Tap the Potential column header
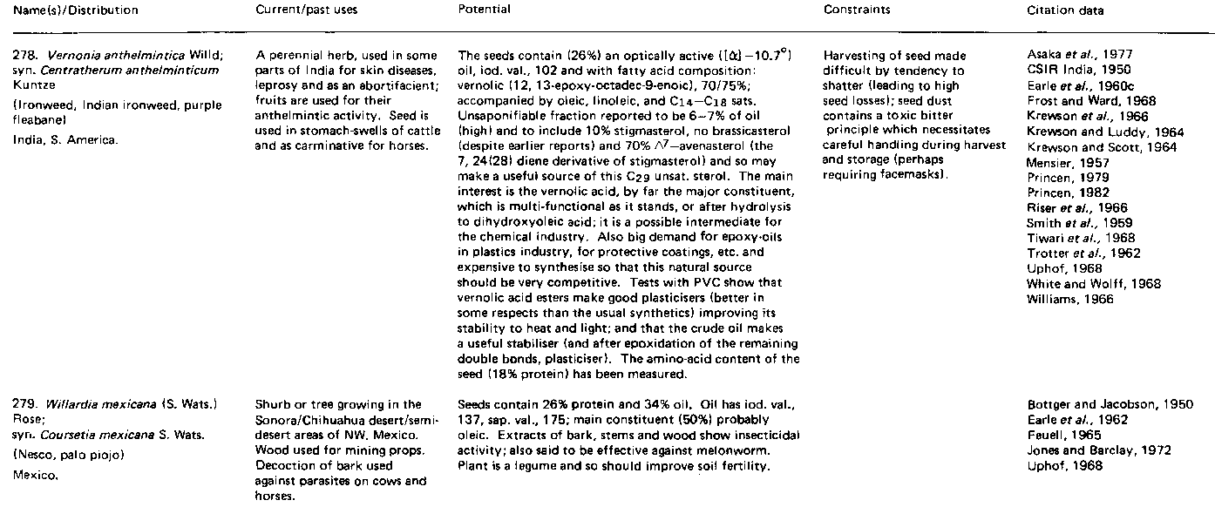[484, 10]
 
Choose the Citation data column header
[1065, 10]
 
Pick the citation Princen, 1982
[1063, 193]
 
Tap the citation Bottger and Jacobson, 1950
[1098, 405]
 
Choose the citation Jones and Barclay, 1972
[1086, 450]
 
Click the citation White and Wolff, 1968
[1082, 283]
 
